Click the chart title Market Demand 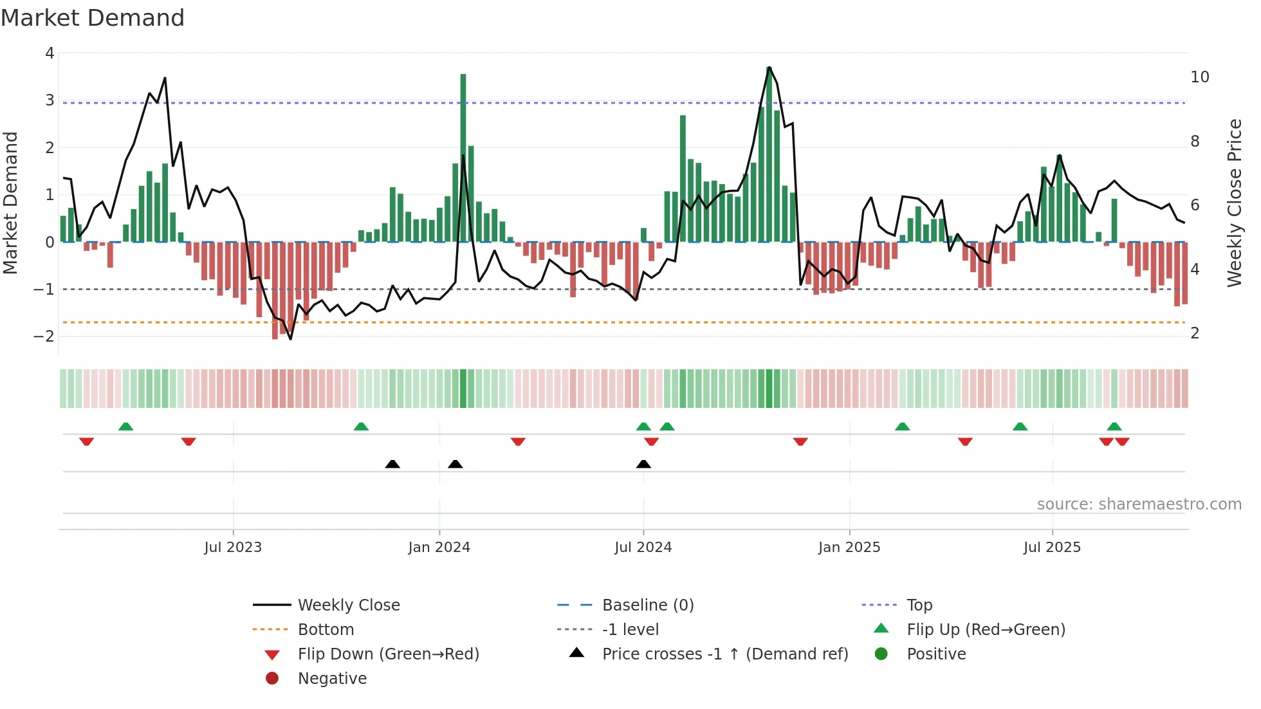pyautogui.click(x=93, y=18)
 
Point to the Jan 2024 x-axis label pyautogui.click(x=439, y=547)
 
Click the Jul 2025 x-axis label pyautogui.click(x=1052, y=547)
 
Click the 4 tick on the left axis pyautogui.click(x=50, y=53)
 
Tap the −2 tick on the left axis pyautogui.click(x=44, y=336)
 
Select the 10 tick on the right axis pyautogui.click(x=1199, y=77)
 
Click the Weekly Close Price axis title pyautogui.click(x=1234, y=203)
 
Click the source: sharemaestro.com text pyautogui.click(x=1139, y=504)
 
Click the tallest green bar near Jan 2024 pyautogui.click(x=463, y=158)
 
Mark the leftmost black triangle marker pyautogui.click(x=392, y=464)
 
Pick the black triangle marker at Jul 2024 pyautogui.click(x=643, y=464)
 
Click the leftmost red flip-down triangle pyautogui.click(x=87, y=441)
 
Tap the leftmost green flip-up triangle pyautogui.click(x=126, y=427)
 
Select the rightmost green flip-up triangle pyautogui.click(x=1114, y=427)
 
